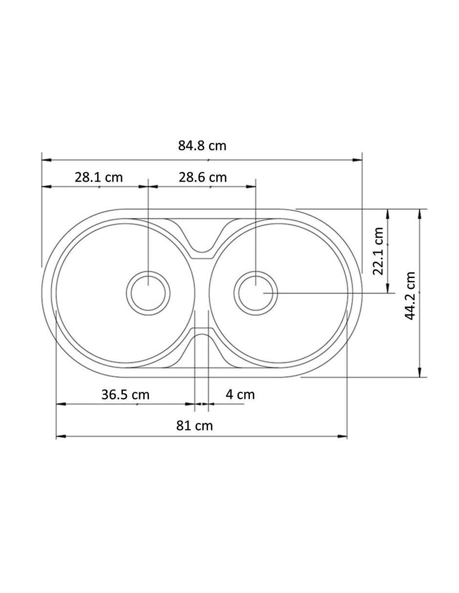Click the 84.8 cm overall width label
[x=202, y=146]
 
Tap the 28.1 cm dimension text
[x=99, y=177]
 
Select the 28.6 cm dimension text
[x=203, y=177]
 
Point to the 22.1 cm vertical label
[x=378, y=251]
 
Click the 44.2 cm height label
[x=410, y=296]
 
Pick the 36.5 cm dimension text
[x=125, y=395]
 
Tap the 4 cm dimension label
[x=240, y=395]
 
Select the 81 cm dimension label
[x=194, y=426]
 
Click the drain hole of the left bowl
[x=148, y=293]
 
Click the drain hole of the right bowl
[x=256, y=293]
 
